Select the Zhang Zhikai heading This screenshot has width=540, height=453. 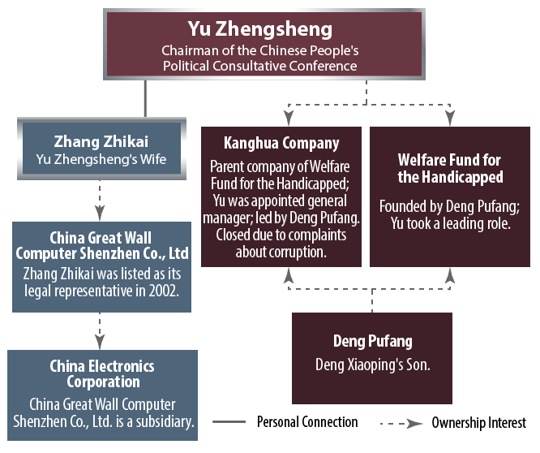(101, 140)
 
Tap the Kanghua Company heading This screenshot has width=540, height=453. (281, 143)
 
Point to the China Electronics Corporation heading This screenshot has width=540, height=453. (101, 373)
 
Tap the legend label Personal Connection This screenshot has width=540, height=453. (307, 421)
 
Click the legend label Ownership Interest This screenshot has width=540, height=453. (478, 422)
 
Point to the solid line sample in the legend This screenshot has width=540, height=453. (229, 422)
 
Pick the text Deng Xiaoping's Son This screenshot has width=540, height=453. (372, 365)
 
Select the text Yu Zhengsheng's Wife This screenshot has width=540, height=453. (101, 159)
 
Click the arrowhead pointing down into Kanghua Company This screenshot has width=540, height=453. (285, 121)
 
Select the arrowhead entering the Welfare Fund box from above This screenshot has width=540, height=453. (451, 121)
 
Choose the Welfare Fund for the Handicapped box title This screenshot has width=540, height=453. (450, 168)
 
